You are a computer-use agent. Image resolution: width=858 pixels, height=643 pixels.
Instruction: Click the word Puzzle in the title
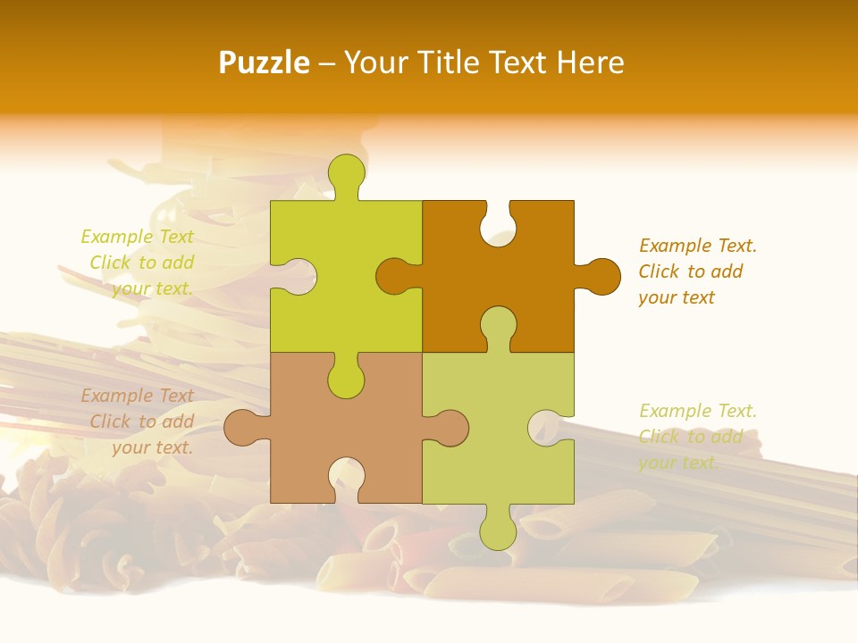coord(265,63)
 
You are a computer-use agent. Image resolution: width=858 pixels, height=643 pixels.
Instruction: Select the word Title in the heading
coord(451,63)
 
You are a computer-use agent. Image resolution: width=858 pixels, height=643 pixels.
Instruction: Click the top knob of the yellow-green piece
coord(346,172)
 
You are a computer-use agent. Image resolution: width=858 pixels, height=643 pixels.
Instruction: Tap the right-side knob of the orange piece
coord(601,276)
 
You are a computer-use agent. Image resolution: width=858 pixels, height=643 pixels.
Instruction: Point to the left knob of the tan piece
coord(242,427)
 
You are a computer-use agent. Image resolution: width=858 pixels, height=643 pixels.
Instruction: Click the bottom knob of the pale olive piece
coord(498,531)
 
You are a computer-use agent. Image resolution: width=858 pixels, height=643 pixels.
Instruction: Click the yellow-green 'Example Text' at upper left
coord(138,237)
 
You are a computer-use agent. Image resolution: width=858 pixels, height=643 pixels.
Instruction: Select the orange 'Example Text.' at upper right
coord(698,246)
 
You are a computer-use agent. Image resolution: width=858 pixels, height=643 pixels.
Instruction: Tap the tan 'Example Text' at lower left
coord(138,396)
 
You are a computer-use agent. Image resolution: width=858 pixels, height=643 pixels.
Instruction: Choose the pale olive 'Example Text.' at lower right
coord(698,411)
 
